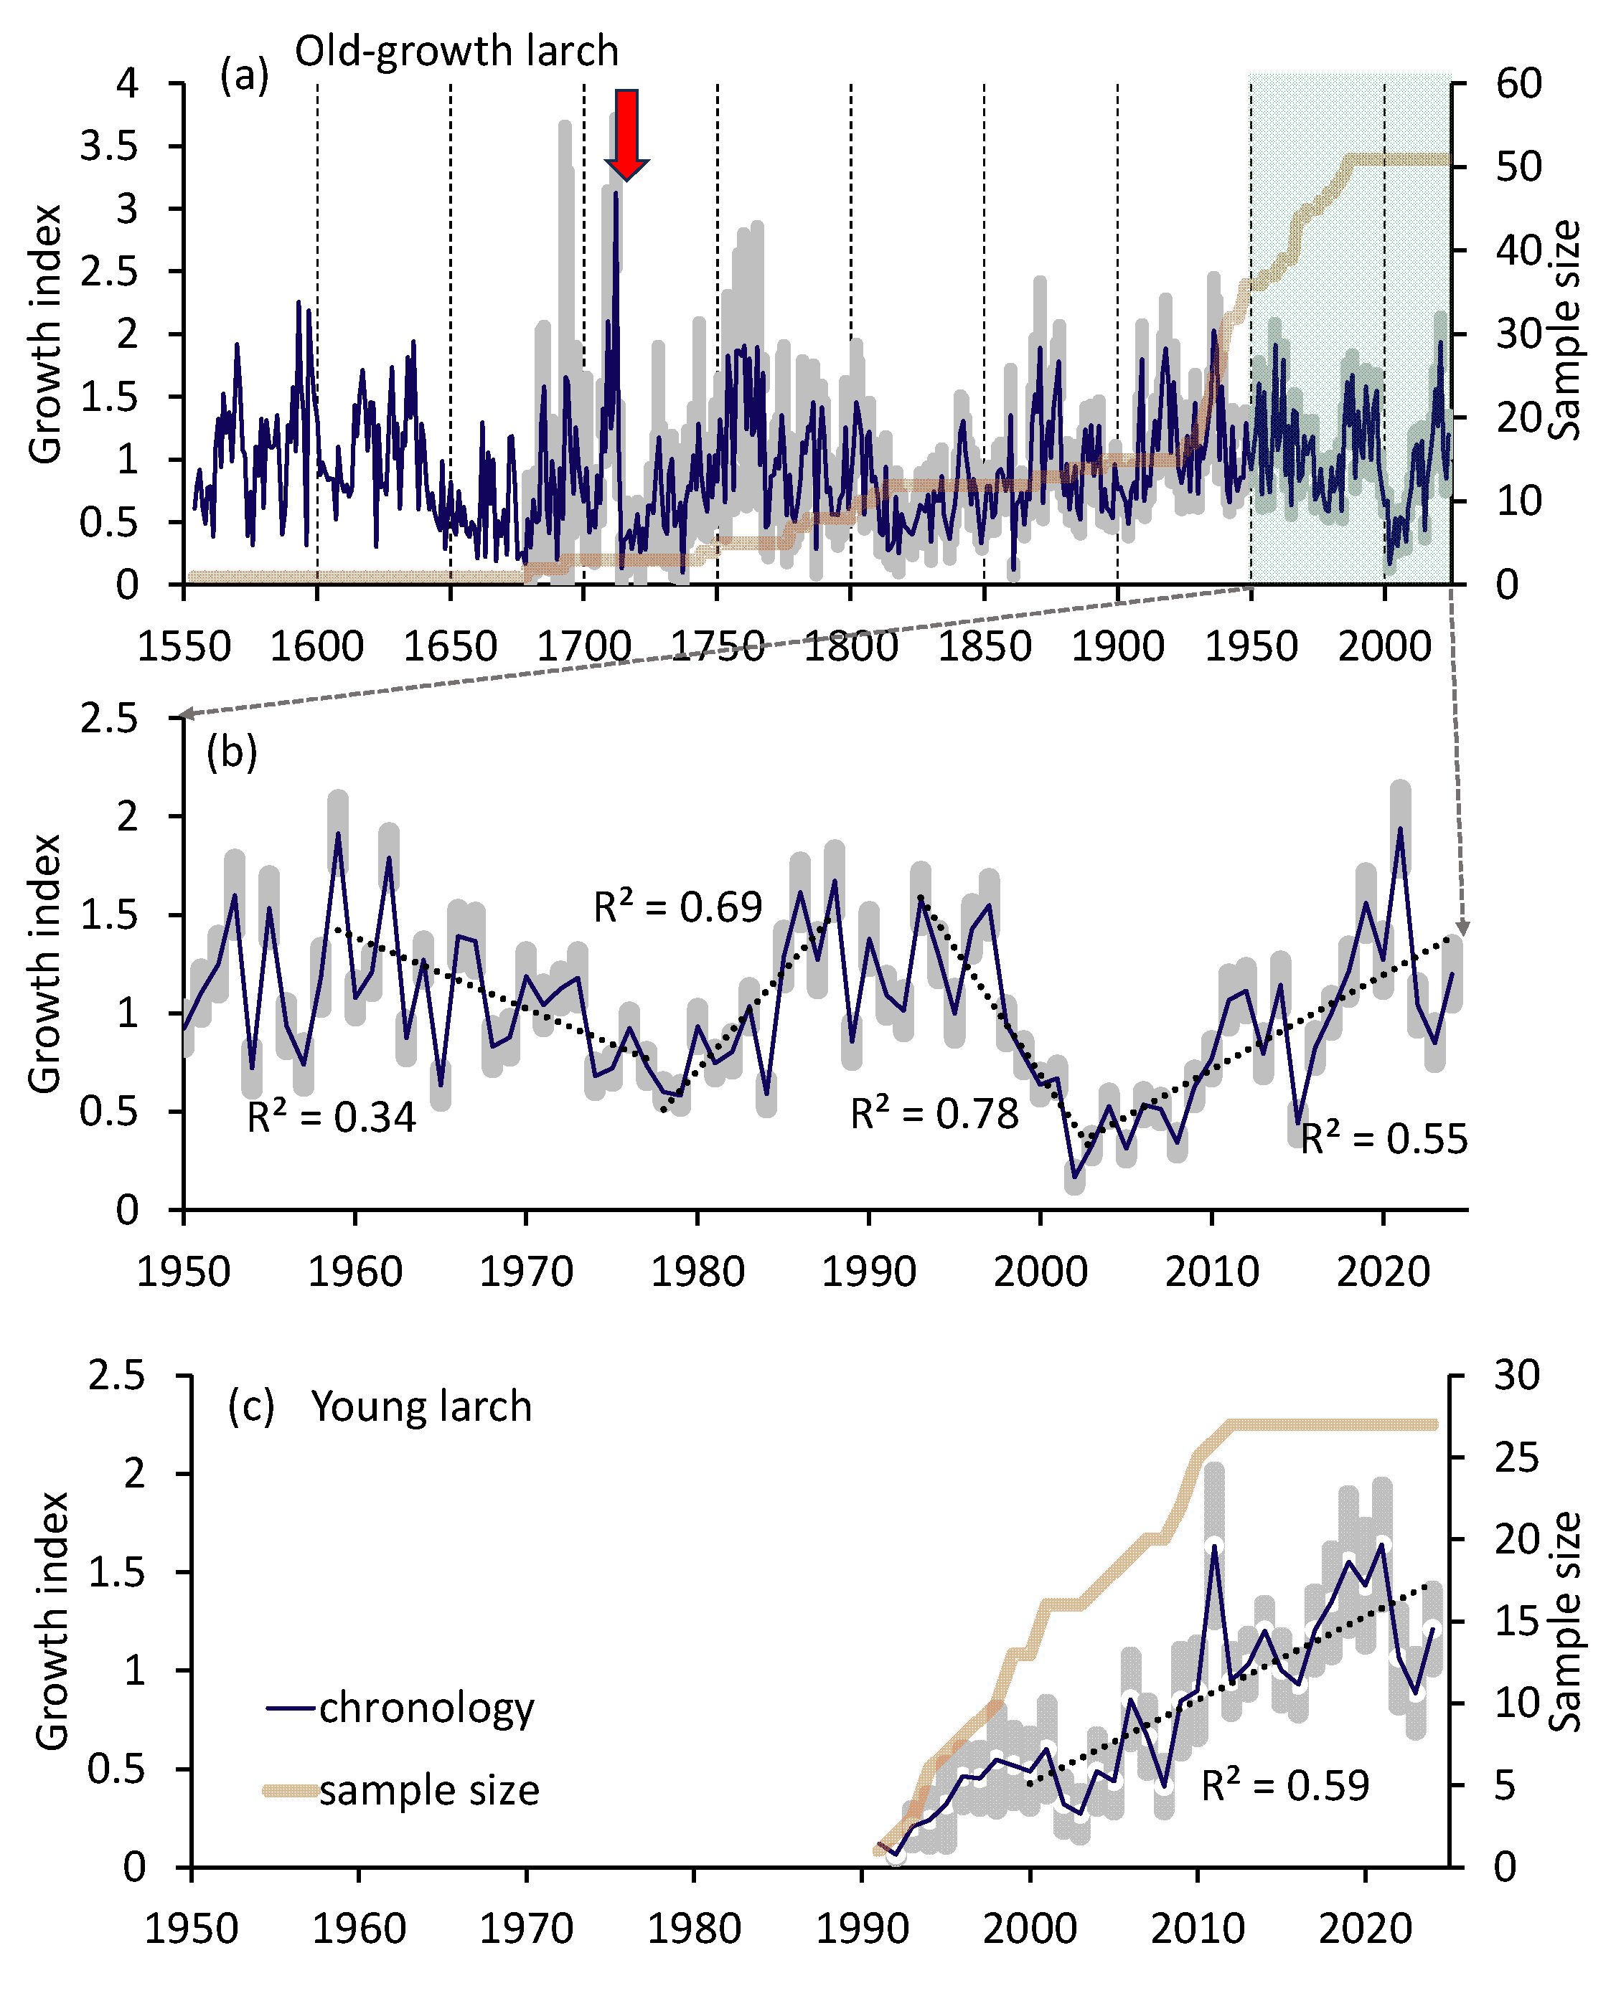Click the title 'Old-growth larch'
click(456, 51)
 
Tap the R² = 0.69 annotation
click(677, 907)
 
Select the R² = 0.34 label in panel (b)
click(331, 1117)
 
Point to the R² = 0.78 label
click(934, 1114)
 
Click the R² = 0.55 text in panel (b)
click(1384, 1139)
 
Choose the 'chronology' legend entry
click(426, 1708)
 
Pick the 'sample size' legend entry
click(428, 1790)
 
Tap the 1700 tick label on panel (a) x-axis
click(583, 645)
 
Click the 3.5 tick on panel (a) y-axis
click(109, 146)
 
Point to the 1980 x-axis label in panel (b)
click(697, 1271)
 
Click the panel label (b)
click(232, 751)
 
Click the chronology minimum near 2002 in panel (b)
click(1075, 1178)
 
